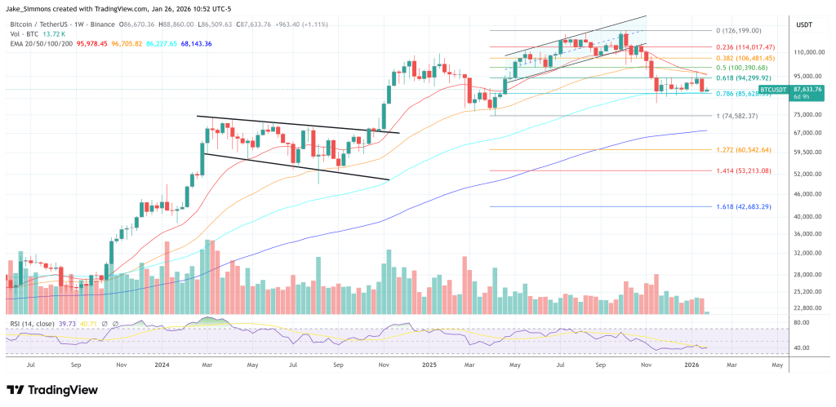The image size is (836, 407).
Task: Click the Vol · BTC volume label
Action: click(x=24, y=35)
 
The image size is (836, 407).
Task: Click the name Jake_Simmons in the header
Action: click(x=31, y=9)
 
